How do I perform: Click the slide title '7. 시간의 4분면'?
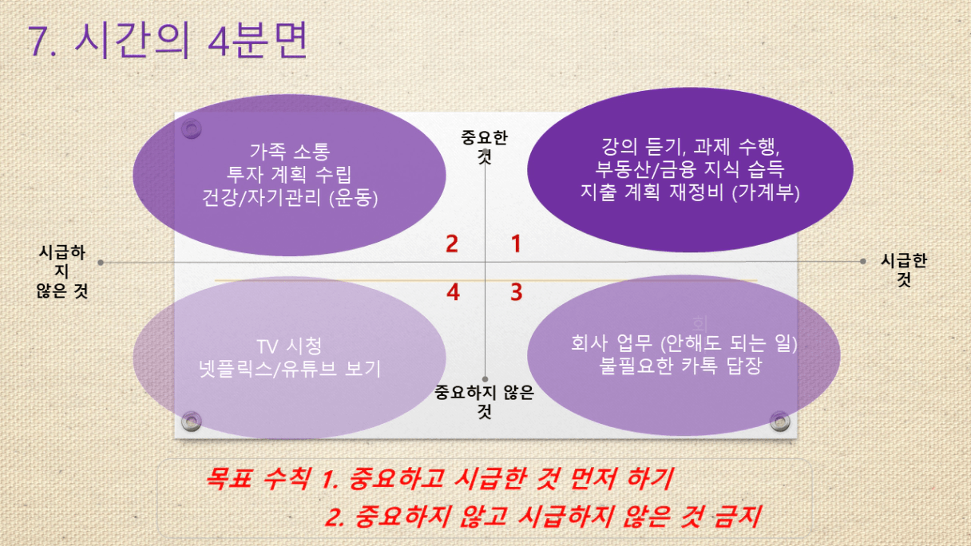pyautogui.click(x=168, y=40)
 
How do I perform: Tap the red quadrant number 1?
pyautogui.click(x=516, y=243)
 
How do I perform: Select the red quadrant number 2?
pyautogui.click(x=452, y=243)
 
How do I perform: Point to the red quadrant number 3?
pyautogui.click(x=517, y=292)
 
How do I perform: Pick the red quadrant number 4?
pyautogui.click(x=453, y=292)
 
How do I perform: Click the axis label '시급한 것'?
pyautogui.click(x=904, y=270)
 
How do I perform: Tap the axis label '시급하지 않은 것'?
pyautogui.click(x=62, y=271)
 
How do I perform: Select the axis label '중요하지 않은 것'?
pyautogui.click(x=484, y=402)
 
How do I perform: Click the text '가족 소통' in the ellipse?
pyautogui.click(x=290, y=151)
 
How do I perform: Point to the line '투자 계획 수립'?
pyautogui.click(x=289, y=174)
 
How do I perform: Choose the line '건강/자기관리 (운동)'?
pyautogui.click(x=290, y=198)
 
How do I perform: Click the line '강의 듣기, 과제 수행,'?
pyautogui.click(x=691, y=146)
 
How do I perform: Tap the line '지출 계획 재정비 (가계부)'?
pyautogui.click(x=690, y=192)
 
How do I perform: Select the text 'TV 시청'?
pyautogui.click(x=289, y=346)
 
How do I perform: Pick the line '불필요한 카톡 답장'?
pyautogui.click(x=680, y=366)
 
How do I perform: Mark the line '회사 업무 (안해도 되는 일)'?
pyautogui.click(x=684, y=343)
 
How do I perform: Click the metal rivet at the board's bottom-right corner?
pyautogui.click(x=779, y=421)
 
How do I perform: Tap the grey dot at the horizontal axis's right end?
pyautogui.click(x=862, y=261)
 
